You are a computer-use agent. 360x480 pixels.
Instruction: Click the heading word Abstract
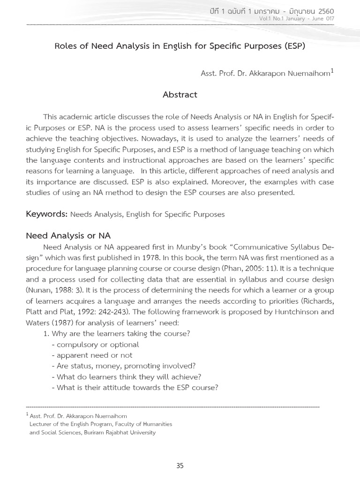[x=180, y=95]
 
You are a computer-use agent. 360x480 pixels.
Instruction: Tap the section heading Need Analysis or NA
[x=68, y=236]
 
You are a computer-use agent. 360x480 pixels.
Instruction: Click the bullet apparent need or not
[x=95, y=355]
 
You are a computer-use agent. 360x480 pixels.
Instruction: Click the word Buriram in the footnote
[x=95, y=432]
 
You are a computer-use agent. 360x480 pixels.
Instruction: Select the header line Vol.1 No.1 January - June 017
[x=298, y=18]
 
